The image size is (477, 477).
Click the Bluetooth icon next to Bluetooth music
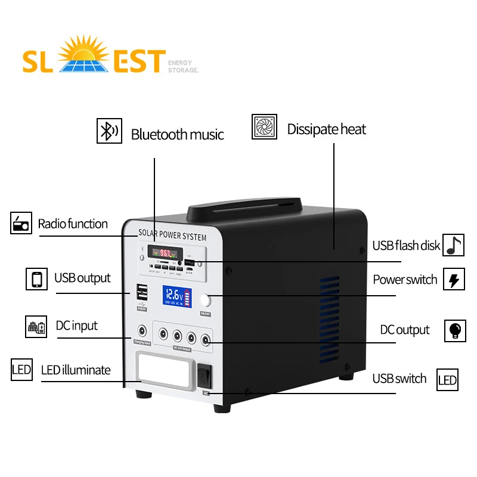(109, 131)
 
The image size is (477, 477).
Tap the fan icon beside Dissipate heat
(264, 127)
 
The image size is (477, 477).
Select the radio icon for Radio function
(21, 223)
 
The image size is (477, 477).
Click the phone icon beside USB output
(36, 278)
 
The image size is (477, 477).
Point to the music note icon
(454, 245)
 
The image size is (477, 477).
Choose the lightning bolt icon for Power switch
(454, 280)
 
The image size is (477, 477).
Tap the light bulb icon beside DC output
(455, 330)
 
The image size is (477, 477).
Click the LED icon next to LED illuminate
(21, 370)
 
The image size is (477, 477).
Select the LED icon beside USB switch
(447, 380)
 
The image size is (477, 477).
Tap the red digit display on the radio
(161, 252)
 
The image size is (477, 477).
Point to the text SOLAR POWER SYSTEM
(172, 236)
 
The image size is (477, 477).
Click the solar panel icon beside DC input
(36, 327)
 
